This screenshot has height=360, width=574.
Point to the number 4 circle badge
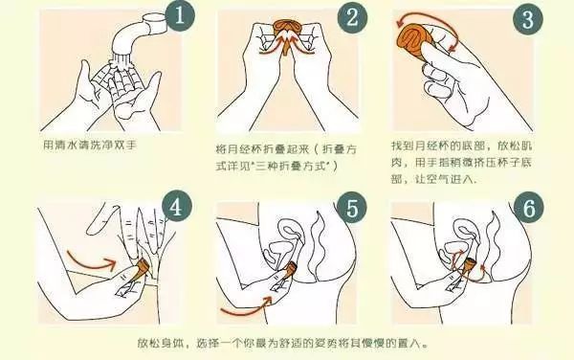(x=173, y=204)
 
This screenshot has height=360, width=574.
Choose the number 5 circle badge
(x=355, y=209)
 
